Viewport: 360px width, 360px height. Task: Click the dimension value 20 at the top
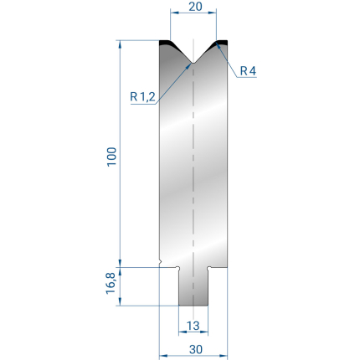click(x=195, y=7)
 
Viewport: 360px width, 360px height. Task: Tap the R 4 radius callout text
click(x=248, y=71)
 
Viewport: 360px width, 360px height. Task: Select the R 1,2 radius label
click(x=142, y=97)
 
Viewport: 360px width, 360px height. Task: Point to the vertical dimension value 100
click(x=111, y=157)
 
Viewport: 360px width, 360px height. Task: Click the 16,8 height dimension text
click(x=111, y=283)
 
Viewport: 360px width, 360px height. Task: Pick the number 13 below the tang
click(x=193, y=326)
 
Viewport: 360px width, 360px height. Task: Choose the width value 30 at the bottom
click(x=195, y=349)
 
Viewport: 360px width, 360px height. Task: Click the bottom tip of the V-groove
click(x=193, y=63)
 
